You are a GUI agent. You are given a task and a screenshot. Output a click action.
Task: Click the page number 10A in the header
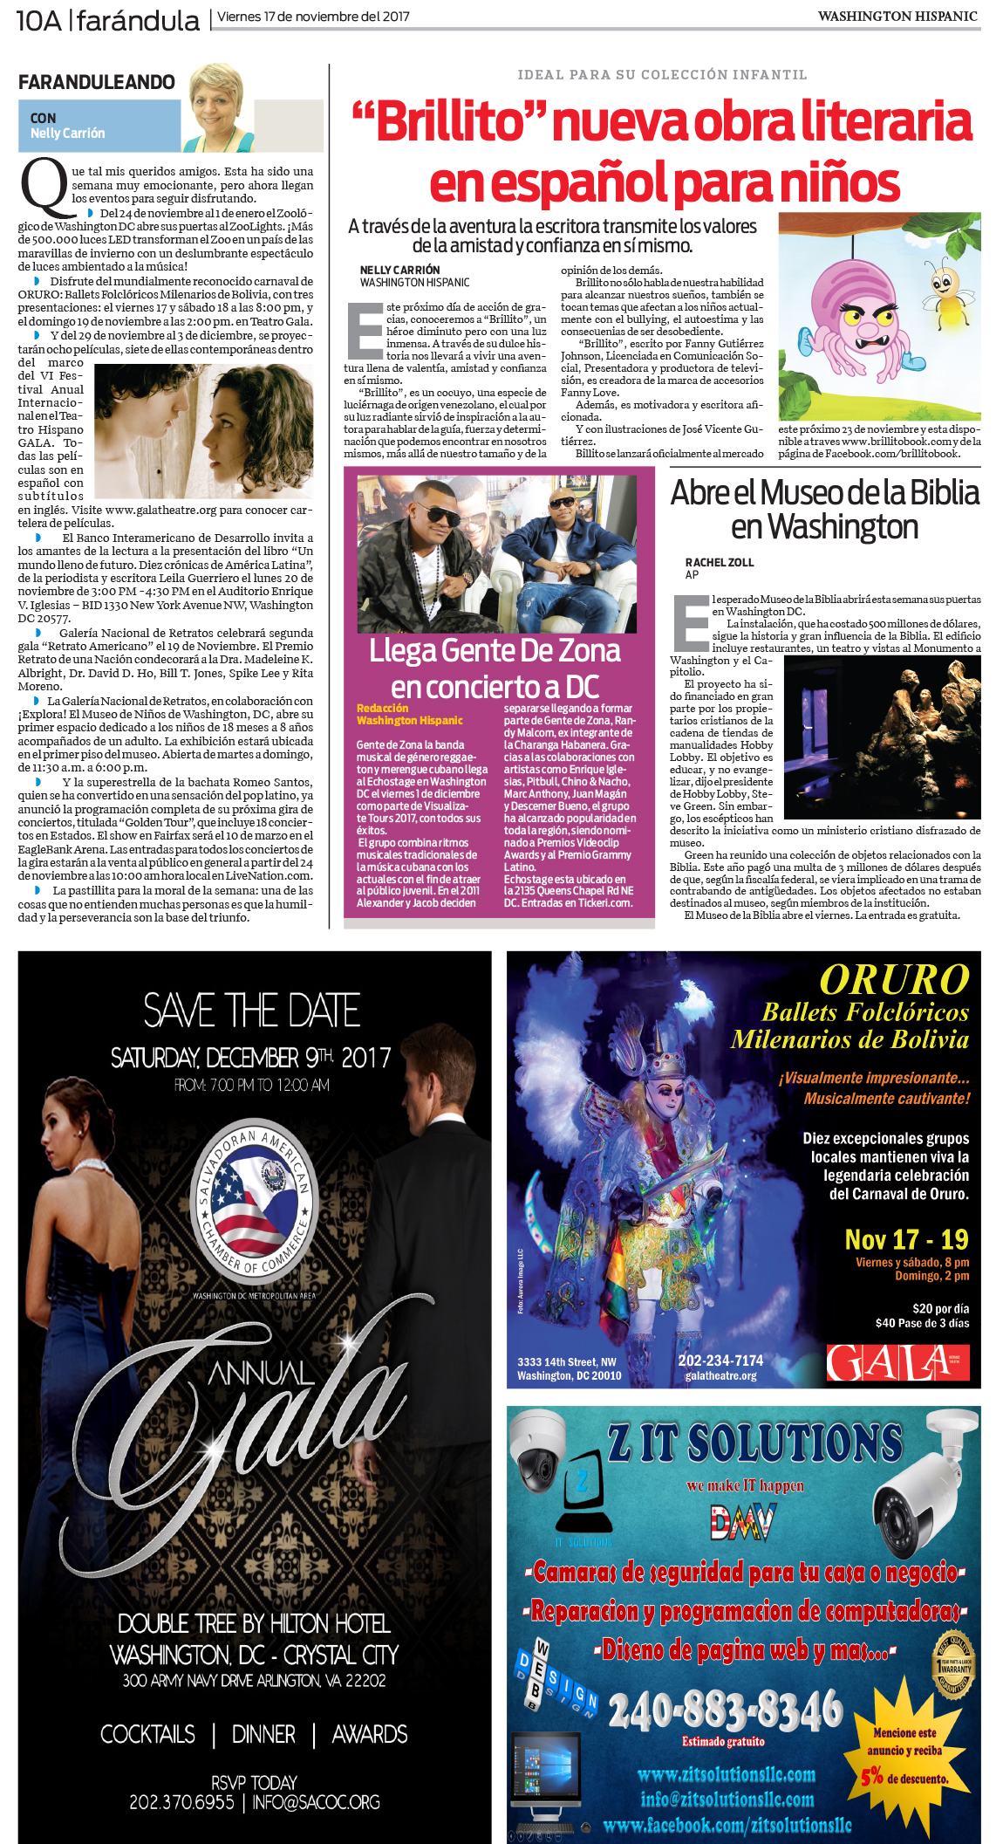tap(38, 19)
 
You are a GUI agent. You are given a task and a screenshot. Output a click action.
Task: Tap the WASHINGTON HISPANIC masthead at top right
tap(897, 17)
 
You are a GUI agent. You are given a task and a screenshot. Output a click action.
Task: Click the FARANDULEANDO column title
tap(97, 82)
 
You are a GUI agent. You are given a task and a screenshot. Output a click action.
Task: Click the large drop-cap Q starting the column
tap(43, 188)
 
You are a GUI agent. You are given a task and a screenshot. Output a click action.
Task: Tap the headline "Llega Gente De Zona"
tap(495, 651)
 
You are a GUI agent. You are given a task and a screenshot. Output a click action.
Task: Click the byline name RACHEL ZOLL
tap(720, 563)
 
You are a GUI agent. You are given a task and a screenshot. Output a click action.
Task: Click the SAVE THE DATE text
tap(252, 1011)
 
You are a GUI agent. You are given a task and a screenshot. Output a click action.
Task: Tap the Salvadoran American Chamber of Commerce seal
tap(254, 1204)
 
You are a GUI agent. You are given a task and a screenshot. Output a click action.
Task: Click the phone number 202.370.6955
tap(181, 1802)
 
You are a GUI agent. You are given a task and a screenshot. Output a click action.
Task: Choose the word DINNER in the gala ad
tap(263, 1734)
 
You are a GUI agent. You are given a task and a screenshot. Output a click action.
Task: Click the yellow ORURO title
tap(894, 979)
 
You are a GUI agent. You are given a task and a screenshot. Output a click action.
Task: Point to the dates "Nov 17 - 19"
tap(906, 1239)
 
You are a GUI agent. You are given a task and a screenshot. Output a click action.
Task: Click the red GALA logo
tap(897, 1362)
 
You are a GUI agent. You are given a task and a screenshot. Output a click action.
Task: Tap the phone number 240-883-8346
tap(726, 1710)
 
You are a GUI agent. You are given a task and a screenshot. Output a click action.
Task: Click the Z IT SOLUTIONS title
tap(754, 1444)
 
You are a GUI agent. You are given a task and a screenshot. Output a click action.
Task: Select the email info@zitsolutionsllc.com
tap(727, 1799)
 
